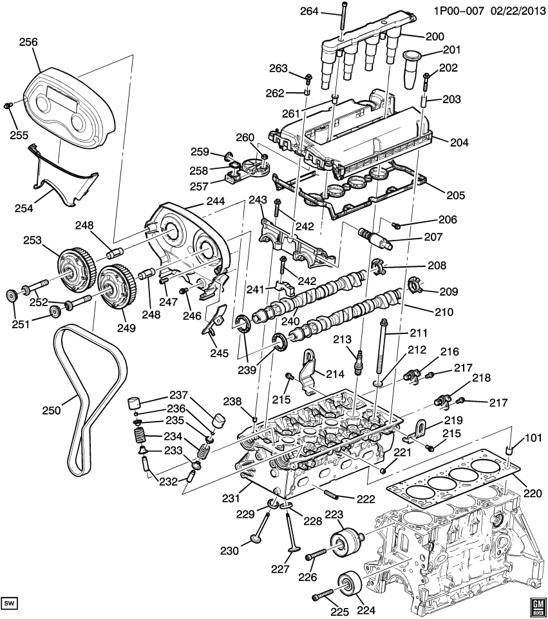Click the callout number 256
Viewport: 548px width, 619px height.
28,42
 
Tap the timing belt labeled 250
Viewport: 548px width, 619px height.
64,400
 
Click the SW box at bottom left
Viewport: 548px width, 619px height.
9,604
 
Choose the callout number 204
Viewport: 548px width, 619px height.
442,142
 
